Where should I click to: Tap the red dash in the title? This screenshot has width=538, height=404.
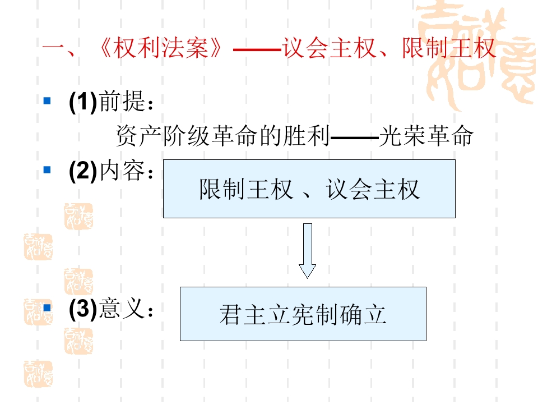point(257,50)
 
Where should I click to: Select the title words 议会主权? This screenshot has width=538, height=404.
point(329,48)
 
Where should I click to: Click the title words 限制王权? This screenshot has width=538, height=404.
point(448,48)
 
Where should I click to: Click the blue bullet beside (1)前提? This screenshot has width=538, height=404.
point(47,100)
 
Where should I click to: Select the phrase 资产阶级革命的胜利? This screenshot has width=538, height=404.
point(222,136)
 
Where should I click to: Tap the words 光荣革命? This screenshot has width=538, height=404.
point(426,136)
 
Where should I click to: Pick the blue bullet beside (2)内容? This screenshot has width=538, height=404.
point(47,169)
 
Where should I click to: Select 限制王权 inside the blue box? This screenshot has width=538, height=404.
point(246,189)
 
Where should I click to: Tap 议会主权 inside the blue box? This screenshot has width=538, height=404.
point(373,189)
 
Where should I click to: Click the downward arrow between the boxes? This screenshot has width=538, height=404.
point(308,251)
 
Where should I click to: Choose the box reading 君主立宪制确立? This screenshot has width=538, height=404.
point(303,314)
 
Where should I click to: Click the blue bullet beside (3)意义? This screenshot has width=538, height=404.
point(47,307)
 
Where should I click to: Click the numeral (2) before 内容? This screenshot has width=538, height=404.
point(83,171)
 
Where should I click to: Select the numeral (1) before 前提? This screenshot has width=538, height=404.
point(83,102)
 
